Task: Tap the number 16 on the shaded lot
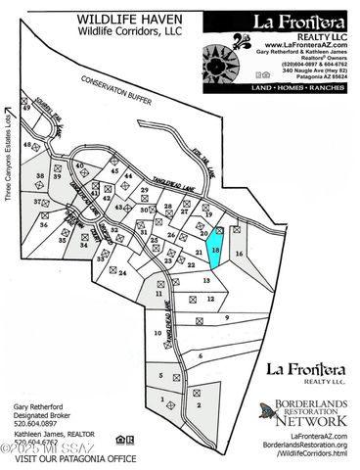(x=239, y=253)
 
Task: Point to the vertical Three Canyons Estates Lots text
(x=8, y=163)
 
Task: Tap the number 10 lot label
(x=158, y=333)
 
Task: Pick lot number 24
(x=123, y=273)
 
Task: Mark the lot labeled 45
(x=114, y=172)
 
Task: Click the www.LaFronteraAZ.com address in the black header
(x=300, y=45)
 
